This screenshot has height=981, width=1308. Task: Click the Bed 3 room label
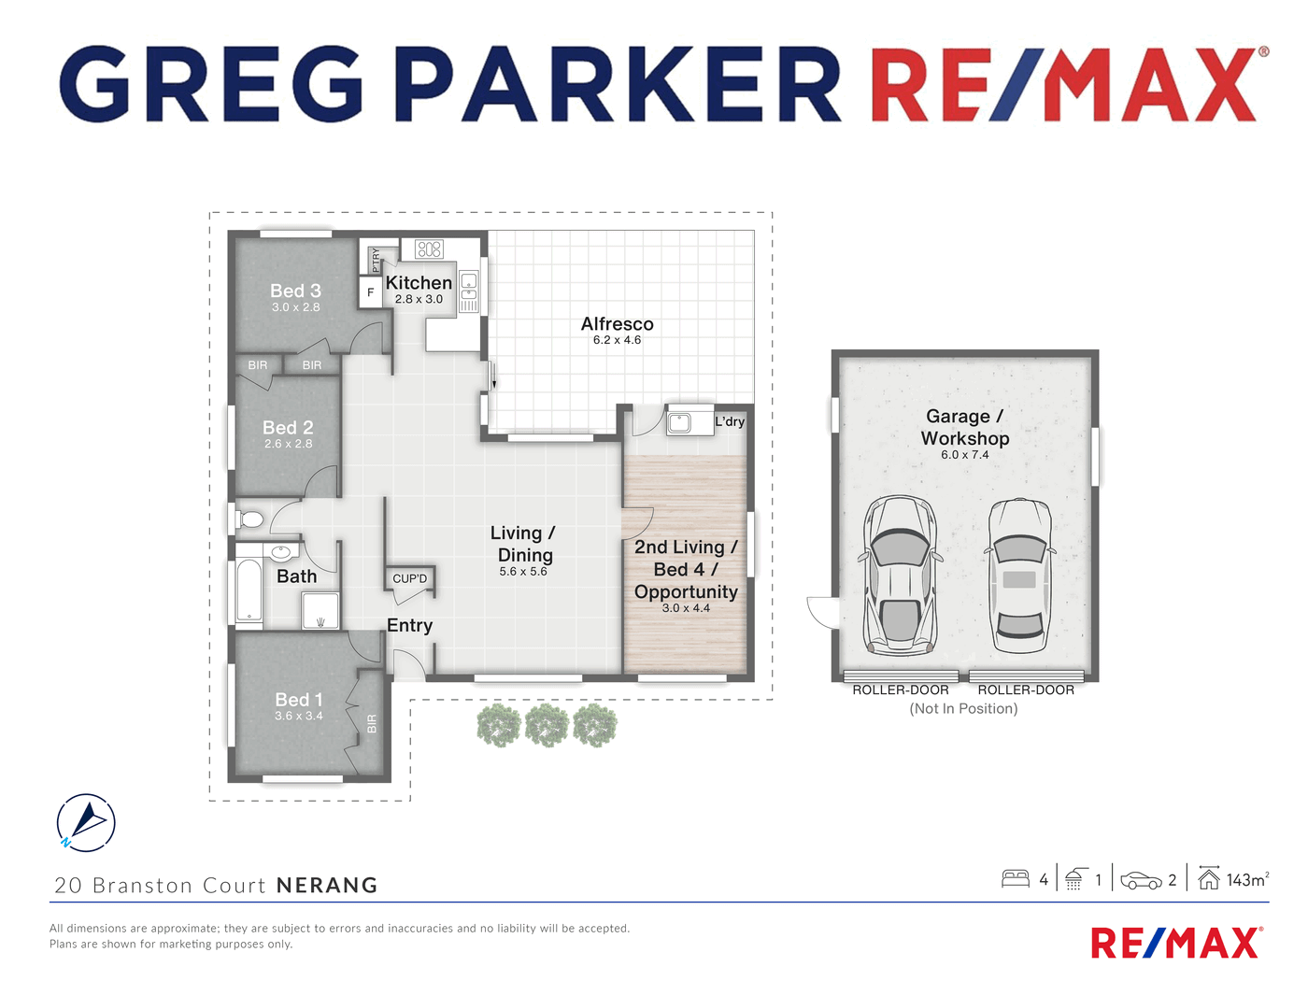(x=295, y=290)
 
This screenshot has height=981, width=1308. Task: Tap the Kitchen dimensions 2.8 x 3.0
(x=419, y=299)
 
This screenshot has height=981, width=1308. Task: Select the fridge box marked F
(x=370, y=291)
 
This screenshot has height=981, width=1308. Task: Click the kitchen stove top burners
(x=429, y=249)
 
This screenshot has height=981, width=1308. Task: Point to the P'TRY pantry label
(x=376, y=260)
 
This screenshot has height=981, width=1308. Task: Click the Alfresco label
(x=617, y=323)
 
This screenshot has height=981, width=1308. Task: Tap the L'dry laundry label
(x=730, y=421)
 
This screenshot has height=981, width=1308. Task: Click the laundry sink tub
(x=679, y=423)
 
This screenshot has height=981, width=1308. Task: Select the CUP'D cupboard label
(x=409, y=578)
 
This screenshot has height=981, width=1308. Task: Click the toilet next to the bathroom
(x=249, y=519)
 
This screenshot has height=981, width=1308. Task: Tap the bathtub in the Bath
(x=249, y=590)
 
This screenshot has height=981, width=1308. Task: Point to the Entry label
(x=409, y=625)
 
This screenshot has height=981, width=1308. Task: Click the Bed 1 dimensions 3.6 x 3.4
(x=299, y=716)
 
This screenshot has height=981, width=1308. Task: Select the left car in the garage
(x=900, y=576)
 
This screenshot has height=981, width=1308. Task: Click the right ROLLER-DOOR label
(x=1026, y=690)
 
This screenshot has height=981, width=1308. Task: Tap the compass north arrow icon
(x=86, y=822)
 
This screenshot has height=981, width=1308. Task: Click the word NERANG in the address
(x=327, y=885)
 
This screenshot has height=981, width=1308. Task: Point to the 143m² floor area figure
(x=1247, y=880)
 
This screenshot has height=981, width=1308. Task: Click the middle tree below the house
(x=547, y=726)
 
